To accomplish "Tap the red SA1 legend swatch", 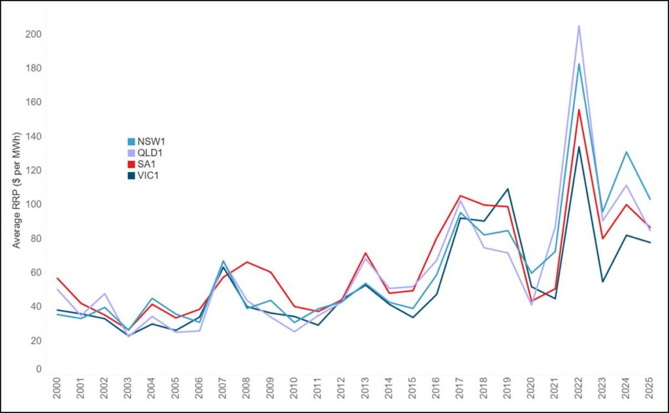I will coord(131,165).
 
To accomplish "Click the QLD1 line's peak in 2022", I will coord(579,26).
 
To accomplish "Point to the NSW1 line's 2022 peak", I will coord(579,64).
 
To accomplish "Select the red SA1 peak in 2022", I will coord(579,110).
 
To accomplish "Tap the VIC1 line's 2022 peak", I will coord(579,146).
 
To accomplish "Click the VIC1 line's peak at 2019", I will coord(507,189).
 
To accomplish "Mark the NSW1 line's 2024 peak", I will coord(627,152).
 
